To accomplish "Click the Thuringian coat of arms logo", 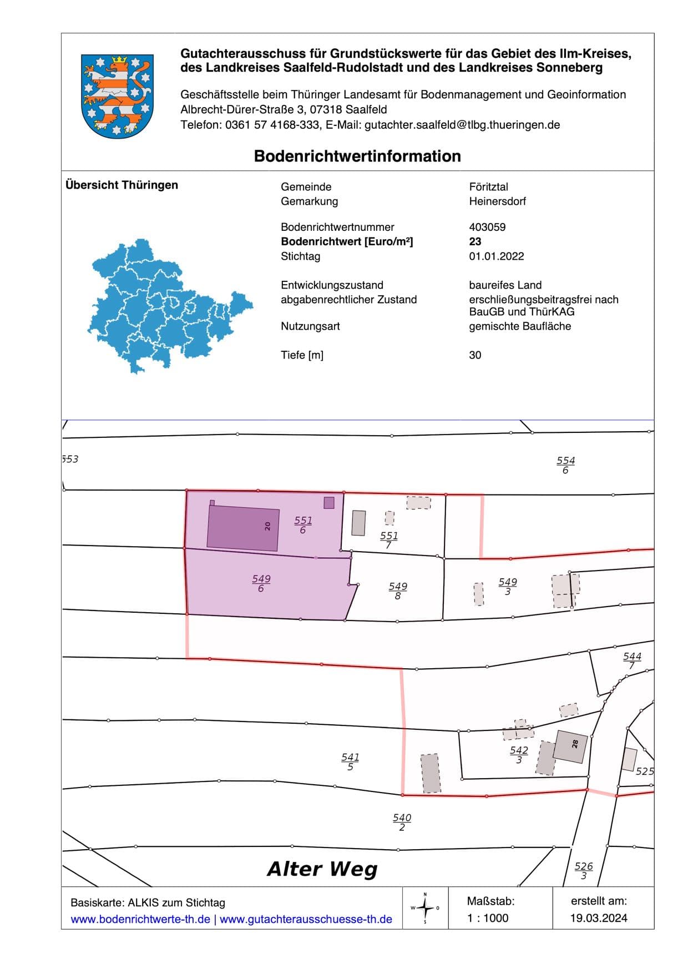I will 117,95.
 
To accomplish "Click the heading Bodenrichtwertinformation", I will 357,156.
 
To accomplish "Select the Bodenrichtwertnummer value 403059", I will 487,227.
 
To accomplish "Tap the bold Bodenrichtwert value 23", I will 475,241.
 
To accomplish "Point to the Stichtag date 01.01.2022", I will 496,256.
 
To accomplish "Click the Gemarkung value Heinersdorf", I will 497,201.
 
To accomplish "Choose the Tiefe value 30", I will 475,355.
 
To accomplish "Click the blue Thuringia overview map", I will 169,306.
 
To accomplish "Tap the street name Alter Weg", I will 322,869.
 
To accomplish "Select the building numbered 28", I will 570,746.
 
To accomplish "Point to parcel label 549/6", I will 261,583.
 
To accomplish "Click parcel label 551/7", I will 389,540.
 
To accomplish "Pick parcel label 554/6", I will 565,465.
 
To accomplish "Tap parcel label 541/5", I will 350,761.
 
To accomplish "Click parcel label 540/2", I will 402,822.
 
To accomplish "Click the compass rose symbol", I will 425,908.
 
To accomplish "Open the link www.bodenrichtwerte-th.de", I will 140,919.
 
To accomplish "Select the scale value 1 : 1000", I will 488,918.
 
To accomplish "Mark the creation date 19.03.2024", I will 598,918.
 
